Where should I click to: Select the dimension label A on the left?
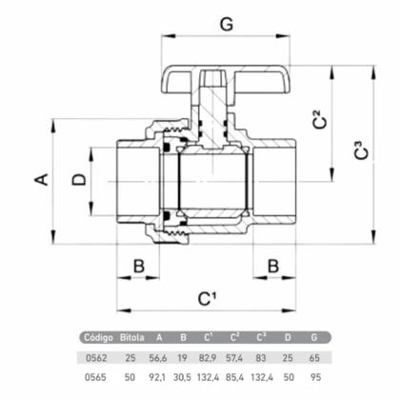tap(41, 178)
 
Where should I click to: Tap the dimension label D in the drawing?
tap(79, 178)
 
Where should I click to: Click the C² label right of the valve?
tap(320, 121)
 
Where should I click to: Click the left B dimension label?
tap(138, 264)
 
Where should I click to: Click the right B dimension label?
tap(273, 264)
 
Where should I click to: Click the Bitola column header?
tap(133, 337)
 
